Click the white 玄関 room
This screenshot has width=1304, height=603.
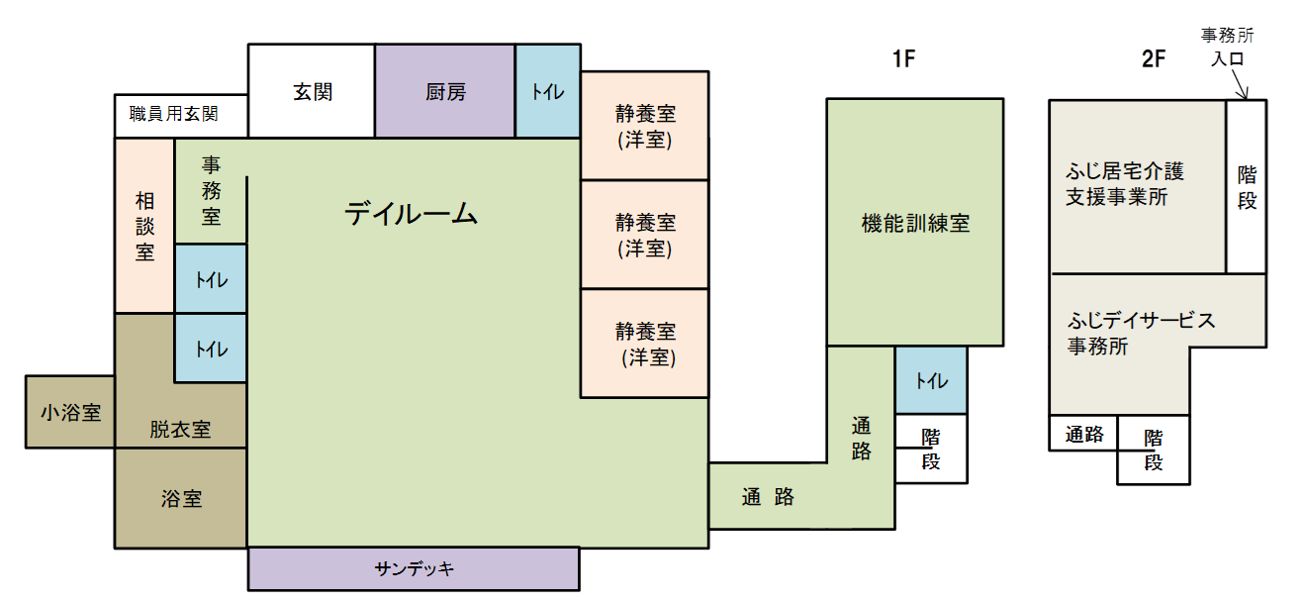point(312,92)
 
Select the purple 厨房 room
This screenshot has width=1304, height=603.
point(445,92)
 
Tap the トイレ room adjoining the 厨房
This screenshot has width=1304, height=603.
point(547,92)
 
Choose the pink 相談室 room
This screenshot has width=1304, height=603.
point(145,226)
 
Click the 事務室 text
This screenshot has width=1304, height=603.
point(211,190)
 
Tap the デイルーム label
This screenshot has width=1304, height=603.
point(411,213)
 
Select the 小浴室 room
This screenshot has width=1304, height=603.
point(70,412)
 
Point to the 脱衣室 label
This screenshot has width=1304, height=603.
point(180,430)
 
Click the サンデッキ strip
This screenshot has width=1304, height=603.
point(414,569)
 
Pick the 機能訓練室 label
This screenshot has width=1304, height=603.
point(915,224)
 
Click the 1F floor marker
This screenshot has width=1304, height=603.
point(904,59)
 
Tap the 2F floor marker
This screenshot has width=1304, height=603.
point(1154,59)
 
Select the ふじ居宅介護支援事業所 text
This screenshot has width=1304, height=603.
point(1124,184)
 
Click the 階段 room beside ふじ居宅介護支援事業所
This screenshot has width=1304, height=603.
point(1247,187)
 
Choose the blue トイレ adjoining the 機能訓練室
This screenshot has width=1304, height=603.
point(931,381)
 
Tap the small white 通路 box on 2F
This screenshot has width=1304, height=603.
point(1084,434)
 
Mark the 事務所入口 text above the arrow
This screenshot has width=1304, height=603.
point(1227,47)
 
